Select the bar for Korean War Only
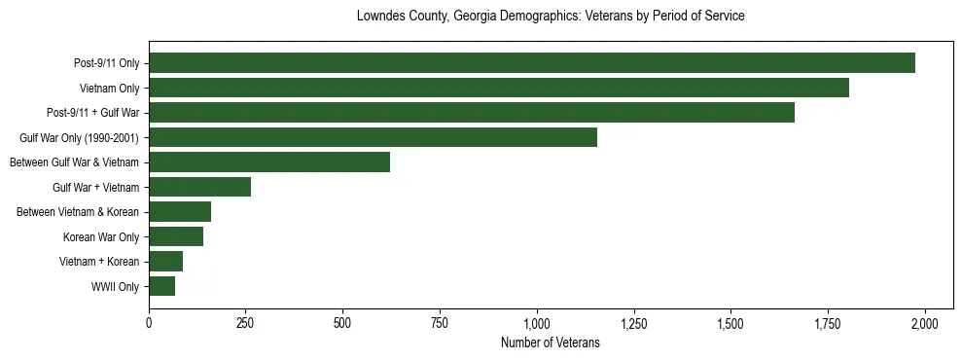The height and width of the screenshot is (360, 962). click(x=176, y=236)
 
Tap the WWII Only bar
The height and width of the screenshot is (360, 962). click(x=161, y=286)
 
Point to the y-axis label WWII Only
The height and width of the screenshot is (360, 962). click(x=115, y=287)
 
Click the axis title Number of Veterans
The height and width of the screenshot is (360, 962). click(x=550, y=343)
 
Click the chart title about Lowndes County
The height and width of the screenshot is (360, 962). click(x=551, y=17)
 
